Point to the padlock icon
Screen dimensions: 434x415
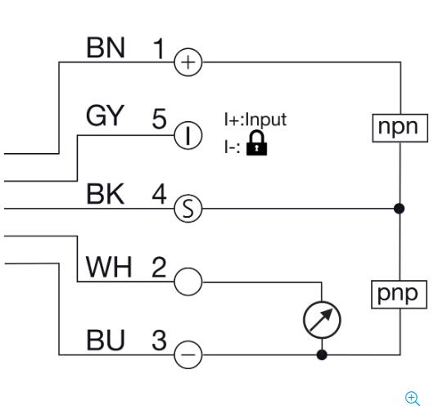click(x=257, y=143)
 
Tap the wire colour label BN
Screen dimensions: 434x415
click(x=106, y=47)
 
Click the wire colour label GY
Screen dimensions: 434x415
click(x=105, y=115)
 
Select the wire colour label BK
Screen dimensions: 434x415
click(x=105, y=194)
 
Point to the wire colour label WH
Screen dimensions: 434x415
click(x=108, y=267)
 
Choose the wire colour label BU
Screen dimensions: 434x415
click(x=106, y=340)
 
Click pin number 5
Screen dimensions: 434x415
click(x=159, y=119)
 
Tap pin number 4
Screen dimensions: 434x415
click(x=159, y=194)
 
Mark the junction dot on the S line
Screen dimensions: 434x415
click(x=399, y=209)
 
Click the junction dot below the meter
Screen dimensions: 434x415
click(x=322, y=354)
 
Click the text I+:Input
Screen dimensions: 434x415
click(x=255, y=120)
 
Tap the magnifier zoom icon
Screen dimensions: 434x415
click(x=413, y=399)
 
